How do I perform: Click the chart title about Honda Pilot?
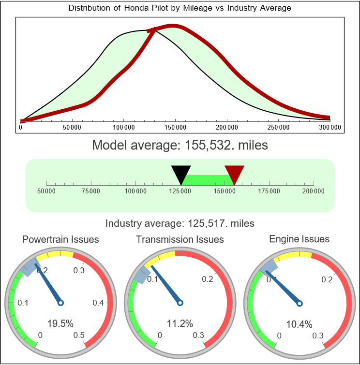180,8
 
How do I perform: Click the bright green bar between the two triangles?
208,179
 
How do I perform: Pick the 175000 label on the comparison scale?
269,191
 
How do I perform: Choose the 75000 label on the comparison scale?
91,191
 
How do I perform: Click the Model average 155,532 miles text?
180,145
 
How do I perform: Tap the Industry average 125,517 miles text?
180,223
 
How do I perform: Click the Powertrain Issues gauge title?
60,239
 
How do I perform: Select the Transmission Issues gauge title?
180,239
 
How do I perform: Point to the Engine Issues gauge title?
299,239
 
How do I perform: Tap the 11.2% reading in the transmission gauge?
180,323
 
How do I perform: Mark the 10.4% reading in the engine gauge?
299,323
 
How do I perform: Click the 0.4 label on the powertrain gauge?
98,303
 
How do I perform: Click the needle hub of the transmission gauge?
180,303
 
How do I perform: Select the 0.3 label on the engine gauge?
318,336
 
